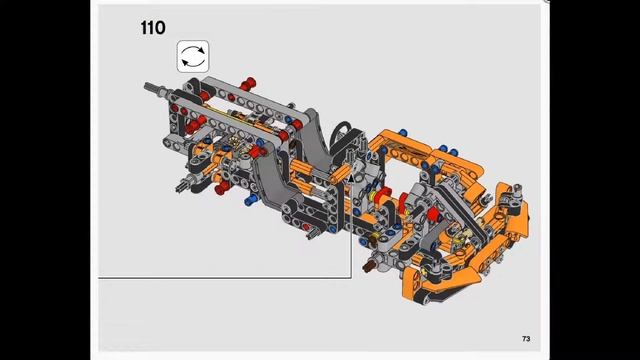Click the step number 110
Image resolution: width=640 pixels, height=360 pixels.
point(153,29)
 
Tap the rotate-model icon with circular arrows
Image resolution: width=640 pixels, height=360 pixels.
point(192,57)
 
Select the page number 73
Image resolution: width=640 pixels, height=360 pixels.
point(525,339)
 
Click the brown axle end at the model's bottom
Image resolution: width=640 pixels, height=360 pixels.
point(372,267)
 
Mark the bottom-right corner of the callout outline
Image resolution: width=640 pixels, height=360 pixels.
point(351,276)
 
